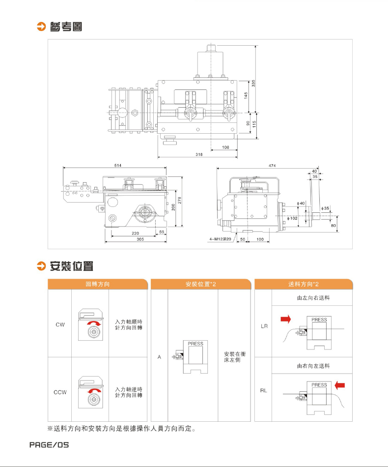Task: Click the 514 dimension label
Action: coord(118,166)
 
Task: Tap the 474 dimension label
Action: coord(272,166)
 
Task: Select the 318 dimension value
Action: coord(199,154)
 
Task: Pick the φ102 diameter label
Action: coord(291,218)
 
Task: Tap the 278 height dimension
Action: coord(180,201)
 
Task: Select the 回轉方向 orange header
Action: coord(97,284)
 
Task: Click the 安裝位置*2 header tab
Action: coord(201,284)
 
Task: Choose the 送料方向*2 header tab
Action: coord(303,284)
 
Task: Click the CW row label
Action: coord(60,325)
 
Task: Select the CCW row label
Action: coord(60,392)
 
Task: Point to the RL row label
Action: coord(263,391)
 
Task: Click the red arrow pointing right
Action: coord(285,320)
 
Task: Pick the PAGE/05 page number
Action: coord(49,445)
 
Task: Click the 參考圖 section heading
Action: coord(65,27)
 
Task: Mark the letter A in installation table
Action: coord(159,357)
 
